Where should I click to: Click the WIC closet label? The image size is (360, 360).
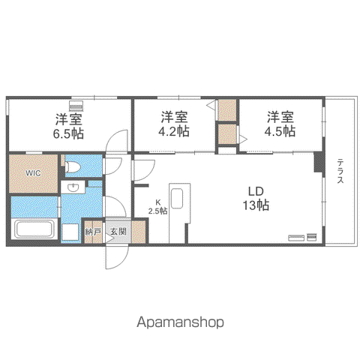(x=33, y=173)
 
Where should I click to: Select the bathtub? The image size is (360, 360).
(x=34, y=229)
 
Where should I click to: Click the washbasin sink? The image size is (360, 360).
(x=73, y=187)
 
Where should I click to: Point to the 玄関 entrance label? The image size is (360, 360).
(x=118, y=232)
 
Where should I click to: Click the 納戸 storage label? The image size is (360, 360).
(x=93, y=232)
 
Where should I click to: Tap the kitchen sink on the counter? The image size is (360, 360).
(x=177, y=198)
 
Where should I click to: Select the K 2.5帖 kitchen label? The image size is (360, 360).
(x=158, y=206)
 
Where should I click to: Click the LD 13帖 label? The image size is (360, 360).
(x=256, y=199)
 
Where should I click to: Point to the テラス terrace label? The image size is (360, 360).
(x=340, y=171)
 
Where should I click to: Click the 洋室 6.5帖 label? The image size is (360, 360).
(x=68, y=126)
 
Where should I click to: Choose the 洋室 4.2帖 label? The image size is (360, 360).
(x=174, y=124)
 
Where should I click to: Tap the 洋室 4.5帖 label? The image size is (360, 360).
(x=280, y=124)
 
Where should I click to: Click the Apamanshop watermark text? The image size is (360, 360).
(x=180, y=322)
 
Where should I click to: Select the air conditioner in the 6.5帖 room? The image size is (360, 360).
(x=76, y=105)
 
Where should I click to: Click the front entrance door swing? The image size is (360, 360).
(x=117, y=257)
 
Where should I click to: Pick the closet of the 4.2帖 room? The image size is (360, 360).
(x=227, y=109)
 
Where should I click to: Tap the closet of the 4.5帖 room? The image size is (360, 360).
(x=227, y=134)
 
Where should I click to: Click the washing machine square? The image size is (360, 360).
(x=70, y=232)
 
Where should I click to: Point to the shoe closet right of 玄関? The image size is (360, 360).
(x=139, y=232)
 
